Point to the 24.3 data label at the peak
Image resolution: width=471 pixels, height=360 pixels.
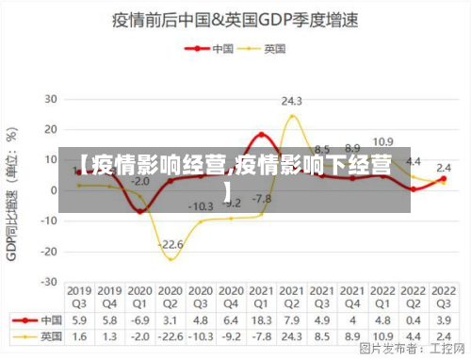tap(291, 101)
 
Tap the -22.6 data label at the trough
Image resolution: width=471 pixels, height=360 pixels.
tap(171, 244)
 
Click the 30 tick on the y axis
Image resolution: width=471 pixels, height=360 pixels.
tap(51, 98)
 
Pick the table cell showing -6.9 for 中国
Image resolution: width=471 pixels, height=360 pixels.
tap(140, 319)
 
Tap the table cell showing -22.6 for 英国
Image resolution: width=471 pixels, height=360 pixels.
tap(171, 335)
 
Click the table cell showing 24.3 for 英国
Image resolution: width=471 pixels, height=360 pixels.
tap(291, 335)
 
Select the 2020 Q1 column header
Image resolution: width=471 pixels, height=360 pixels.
tap(140, 297)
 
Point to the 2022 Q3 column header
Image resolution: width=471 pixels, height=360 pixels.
tap(442, 297)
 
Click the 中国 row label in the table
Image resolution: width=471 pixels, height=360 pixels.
tap(46, 319)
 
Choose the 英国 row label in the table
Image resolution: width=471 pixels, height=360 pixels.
tap(46, 335)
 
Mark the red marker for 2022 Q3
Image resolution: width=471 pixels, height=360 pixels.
tap(443, 178)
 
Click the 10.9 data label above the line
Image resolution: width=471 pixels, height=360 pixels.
tap(382, 142)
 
